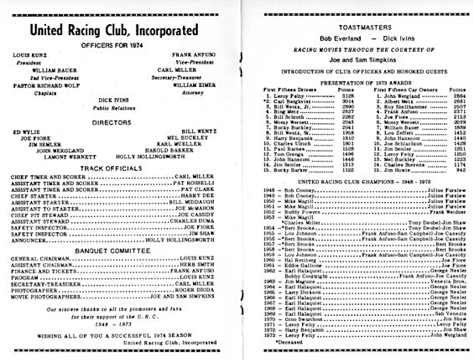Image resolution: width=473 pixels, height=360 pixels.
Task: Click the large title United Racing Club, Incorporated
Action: coord(113,30)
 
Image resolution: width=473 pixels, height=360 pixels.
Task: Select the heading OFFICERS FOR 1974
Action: coord(112,46)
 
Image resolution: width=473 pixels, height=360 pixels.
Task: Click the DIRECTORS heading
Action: coord(112,122)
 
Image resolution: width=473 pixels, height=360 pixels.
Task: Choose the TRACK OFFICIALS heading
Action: coord(112,169)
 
